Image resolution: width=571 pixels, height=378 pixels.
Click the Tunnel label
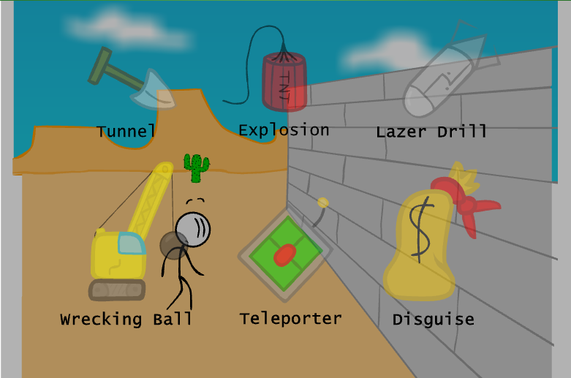click(126, 132)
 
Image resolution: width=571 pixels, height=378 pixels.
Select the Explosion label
click(284, 131)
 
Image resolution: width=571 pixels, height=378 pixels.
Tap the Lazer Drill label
click(431, 132)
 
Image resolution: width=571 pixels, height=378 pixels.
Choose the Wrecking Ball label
click(126, 320)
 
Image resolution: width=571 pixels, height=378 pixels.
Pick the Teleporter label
click(290, 319)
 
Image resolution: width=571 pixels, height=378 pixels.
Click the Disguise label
click(433, 320)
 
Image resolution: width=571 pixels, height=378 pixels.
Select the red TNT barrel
click(284, 80)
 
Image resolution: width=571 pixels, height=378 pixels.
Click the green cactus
click(196, 167)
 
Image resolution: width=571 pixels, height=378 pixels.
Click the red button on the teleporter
click(284, 254)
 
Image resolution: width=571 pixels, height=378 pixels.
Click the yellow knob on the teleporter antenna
click(323, 203)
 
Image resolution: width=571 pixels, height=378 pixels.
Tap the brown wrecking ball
click(173, 246)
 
